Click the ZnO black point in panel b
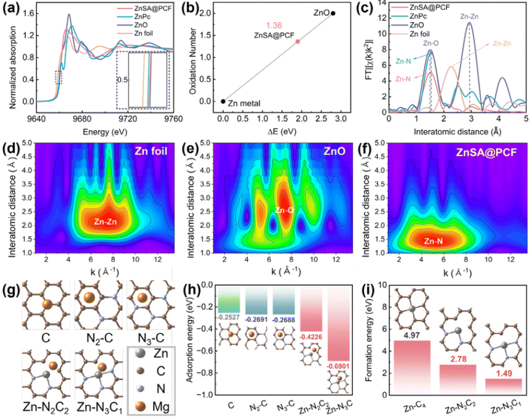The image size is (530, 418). click(x=333, y=13)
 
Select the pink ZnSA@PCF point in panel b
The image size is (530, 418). click(x=298, y=41)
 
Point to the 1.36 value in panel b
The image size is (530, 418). click(x=274, y=26)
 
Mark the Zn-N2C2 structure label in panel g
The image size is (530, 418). click(x=42, y=405)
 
